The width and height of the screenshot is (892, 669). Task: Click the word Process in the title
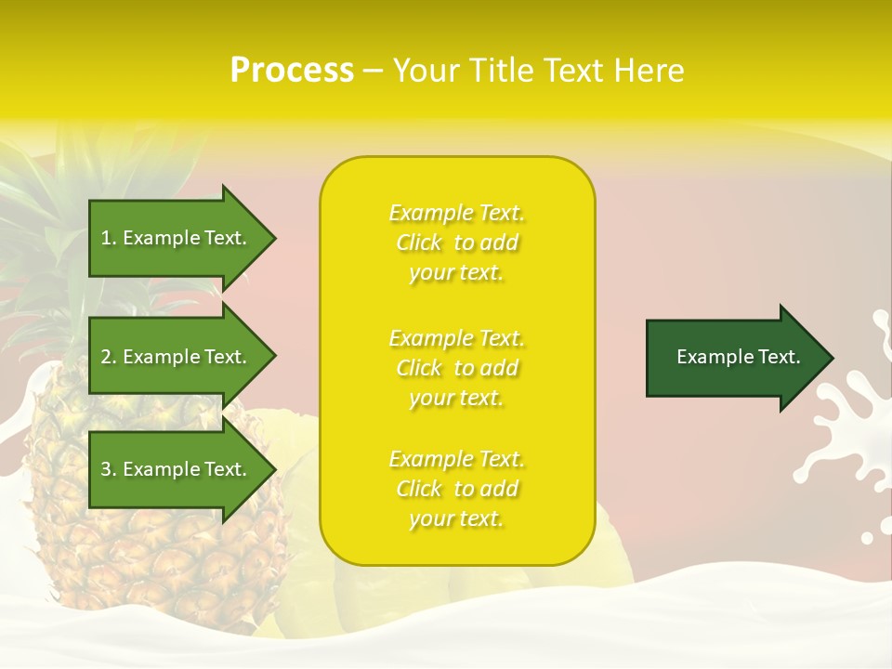click(x=292, y=71)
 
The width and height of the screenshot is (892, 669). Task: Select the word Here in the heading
click(x=649, y=71)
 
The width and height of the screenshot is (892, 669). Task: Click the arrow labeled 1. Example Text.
click(x=177, y=238)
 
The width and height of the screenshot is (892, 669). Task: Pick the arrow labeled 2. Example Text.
click(x=177, y=357)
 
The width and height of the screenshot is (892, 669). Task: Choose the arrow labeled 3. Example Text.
click(x=177, y=469)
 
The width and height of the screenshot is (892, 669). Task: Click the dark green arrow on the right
click(x=734, y=357)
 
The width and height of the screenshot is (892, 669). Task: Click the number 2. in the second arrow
click(x=109, y=357)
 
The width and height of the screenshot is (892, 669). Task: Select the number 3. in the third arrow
click(x=109, y=469)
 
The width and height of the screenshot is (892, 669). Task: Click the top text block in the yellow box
click(x=456, y=243)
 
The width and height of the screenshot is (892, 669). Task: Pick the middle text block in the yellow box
click(x=456, y=368)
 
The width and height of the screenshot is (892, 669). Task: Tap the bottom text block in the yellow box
click(x=456, y=489)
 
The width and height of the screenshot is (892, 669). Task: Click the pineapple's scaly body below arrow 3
click(x=158, y=557)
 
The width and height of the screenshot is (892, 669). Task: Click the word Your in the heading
click(x=426, y=71)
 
